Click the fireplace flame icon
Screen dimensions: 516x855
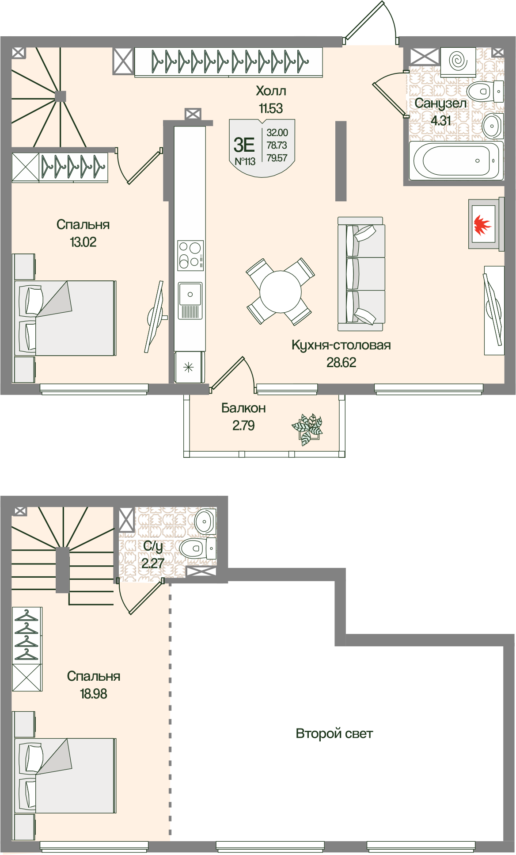482,224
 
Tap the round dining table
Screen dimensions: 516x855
281,291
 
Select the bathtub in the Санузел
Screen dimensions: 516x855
456,161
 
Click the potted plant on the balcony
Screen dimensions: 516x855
307,429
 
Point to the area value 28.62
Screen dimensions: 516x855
341,362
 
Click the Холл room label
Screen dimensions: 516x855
271,91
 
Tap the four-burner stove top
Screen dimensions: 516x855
190,255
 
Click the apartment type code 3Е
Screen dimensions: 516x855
244,145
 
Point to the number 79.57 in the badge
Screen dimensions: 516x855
277,158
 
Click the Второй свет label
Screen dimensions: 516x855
334,733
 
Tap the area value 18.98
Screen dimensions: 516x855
93,694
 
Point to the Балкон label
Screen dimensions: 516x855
243,408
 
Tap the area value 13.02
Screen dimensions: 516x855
83,242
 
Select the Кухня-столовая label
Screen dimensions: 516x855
341,345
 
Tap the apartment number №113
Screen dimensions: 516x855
245,161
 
